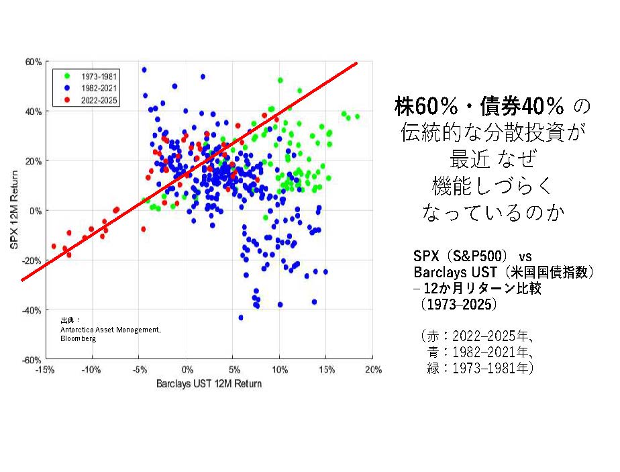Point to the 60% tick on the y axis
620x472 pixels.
click(x=34, y=62)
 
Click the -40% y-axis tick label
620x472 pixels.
click(x=32, y=310)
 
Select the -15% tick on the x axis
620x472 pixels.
click(x=45, y=370)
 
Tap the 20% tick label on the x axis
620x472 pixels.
click(x=373, y=370)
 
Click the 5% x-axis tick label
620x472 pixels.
click(x=234, y=370)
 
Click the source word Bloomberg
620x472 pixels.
click(x=79, y=339)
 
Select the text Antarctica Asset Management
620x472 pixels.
click(x=110, y=330)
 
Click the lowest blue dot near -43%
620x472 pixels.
click(x=241, y=318)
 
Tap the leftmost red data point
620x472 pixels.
click(x=54, y=246)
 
